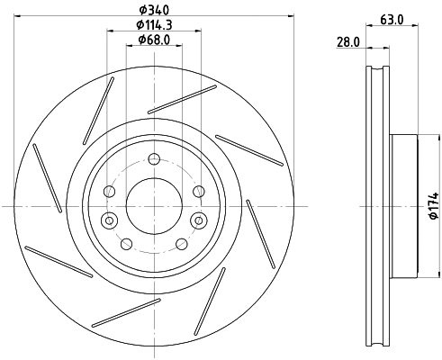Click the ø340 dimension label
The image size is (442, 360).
click(154, 8)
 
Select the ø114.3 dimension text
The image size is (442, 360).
click(154, 24)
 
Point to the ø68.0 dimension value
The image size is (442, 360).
click(154, 40)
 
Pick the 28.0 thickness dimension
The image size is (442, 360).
click(347, 42)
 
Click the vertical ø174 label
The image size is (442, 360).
click(431, 207)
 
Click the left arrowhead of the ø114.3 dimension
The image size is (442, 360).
click(110, 31)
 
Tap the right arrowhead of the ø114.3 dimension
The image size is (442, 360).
click(198, 31)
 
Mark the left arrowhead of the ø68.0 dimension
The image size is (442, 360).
click(129, 47)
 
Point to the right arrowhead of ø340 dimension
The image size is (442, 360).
click(293, 14)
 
